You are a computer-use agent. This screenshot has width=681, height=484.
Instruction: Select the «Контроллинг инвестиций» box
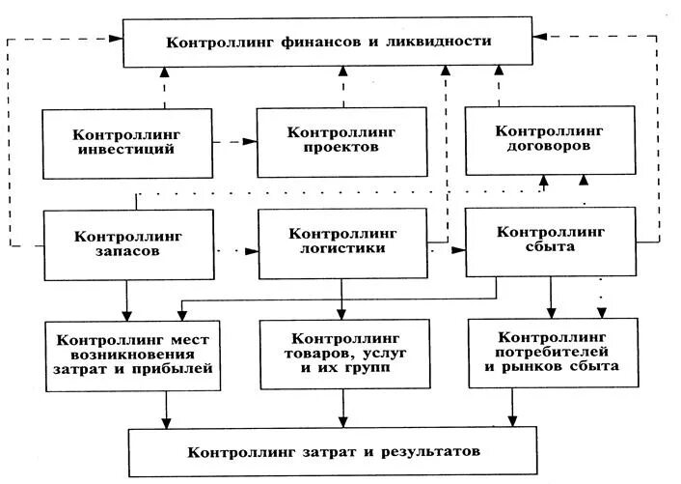(127, 142)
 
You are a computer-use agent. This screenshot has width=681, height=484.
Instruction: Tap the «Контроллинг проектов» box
(341, 141)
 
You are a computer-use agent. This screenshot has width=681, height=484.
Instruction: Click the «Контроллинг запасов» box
(127, 242)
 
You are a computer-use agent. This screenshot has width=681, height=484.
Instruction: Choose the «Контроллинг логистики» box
(343, 241)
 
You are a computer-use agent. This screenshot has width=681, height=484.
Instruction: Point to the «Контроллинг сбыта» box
(549, 239)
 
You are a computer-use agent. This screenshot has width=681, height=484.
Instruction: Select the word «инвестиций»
(127, 150)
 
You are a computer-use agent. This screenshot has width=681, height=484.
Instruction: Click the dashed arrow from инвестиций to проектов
(234, 142)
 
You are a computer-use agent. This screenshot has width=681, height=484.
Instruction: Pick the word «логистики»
(343, 248)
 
